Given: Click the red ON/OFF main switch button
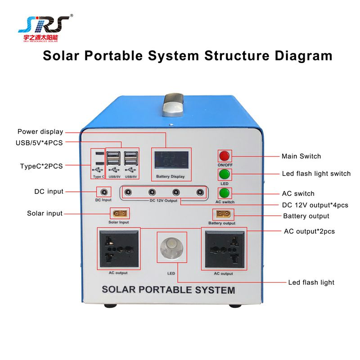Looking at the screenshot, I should coord(224,156).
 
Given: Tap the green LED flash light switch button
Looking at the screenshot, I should coord(224,174).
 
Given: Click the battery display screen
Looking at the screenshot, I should coord(171,160).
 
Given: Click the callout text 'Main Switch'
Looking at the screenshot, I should coord(301,156).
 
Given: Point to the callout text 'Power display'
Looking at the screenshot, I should coord(40,132).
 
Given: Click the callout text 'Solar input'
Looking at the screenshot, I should coord(45,213).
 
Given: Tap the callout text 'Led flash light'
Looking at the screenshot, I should coord(311,282).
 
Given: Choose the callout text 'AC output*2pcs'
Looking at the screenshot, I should coord(309,231).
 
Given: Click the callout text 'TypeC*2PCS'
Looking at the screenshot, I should coord(41,166).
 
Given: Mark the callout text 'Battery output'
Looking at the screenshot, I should coord(306,216).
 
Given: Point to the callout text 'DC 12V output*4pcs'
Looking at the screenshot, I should coord(315,205).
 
